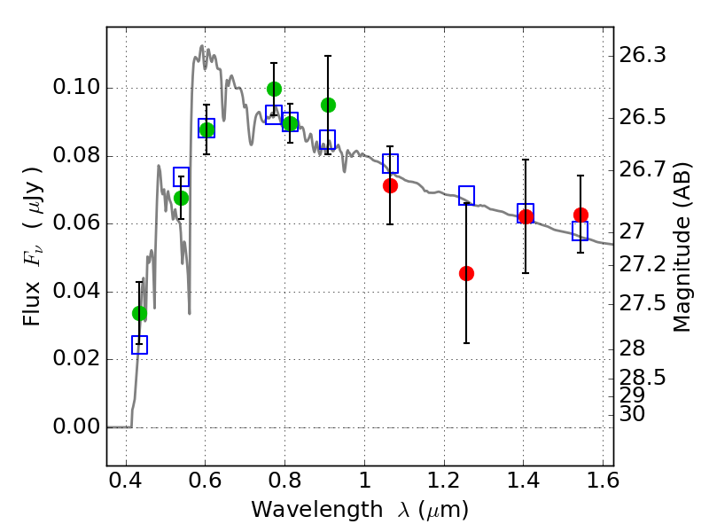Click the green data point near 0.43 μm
tap(139, 313)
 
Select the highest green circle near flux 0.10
tap(274, 89)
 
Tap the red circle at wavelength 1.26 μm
tap(466, 273)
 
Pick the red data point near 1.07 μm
tap(390, 185)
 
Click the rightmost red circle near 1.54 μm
tap(580, 215)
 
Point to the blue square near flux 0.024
tap(139, 345)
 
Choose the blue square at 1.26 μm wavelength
tap(466, 196)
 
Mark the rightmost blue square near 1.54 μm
tap(580, 231)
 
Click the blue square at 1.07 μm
tap(390, 163)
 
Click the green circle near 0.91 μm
tap(328, 105)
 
